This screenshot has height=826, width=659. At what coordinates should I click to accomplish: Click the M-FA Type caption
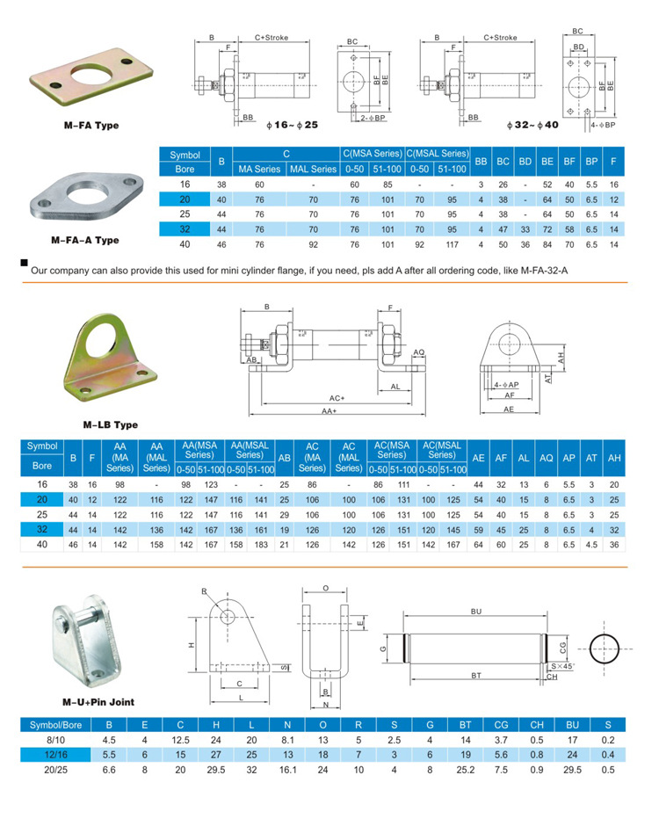pyautogui.click(x=84, y=126)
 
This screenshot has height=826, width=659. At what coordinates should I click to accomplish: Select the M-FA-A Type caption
pyautogui.click(x=84, y=240)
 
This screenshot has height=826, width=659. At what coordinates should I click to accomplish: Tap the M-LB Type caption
pyautogui.click(x=111, y=425)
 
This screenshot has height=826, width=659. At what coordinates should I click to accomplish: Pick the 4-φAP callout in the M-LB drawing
pyautogui.click(x=506, y=385)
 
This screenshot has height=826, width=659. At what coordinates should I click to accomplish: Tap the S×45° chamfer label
pyautogui.click(x=561, y=667)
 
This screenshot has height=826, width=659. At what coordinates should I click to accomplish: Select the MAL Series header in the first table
pyautogui.click(x=314, y=169)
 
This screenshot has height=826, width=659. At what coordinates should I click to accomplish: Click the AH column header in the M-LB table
pyautogui.click(x=615, y=459)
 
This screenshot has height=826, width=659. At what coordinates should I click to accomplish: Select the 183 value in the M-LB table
pyautogui.click(x=261, y=545)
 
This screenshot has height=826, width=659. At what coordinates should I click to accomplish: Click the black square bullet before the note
pyautogui.click(x=23, y=262)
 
